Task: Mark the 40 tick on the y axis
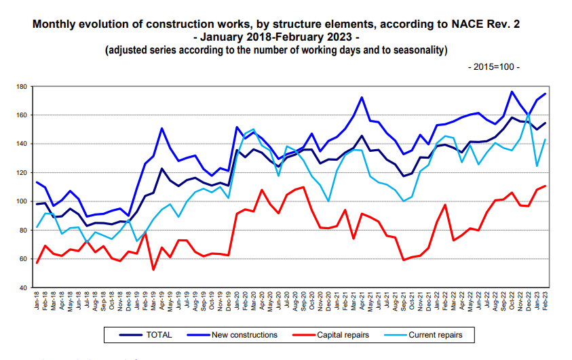click(x=22, y=287)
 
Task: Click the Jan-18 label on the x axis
click(x=37, y=300)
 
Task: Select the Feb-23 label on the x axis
click(x=545, y=300)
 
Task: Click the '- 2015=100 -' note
click(x=493, y=67)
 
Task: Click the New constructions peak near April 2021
click(x=362, y=97)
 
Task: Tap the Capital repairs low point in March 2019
click(x=153, y=269)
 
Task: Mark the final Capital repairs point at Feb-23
click(x=545, y=186)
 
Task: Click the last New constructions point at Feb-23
click(x=545, y=94)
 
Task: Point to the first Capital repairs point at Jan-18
click(x=37, y=262)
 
